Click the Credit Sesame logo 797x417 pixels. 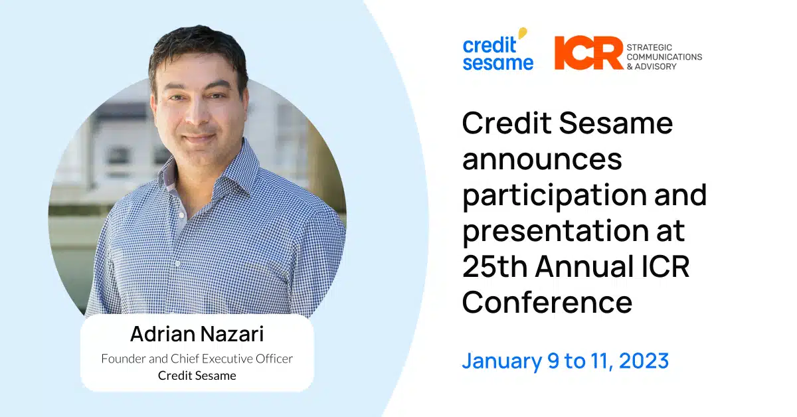497,49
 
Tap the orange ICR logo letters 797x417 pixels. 588,52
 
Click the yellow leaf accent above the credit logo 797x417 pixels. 522,33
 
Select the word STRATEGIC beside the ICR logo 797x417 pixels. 650,47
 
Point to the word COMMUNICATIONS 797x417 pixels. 664,57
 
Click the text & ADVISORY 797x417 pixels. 652,66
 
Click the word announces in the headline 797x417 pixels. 542,159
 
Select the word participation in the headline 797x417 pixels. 555,197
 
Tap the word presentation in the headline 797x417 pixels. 556,231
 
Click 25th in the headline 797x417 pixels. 495,266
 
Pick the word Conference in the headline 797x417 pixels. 547,302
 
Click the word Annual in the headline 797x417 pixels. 584,266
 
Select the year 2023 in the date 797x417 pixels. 644,361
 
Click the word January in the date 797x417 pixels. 502,362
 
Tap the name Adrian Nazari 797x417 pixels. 197,334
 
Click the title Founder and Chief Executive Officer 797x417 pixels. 197,359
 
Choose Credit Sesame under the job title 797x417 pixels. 197,376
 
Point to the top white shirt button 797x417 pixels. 181,215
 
